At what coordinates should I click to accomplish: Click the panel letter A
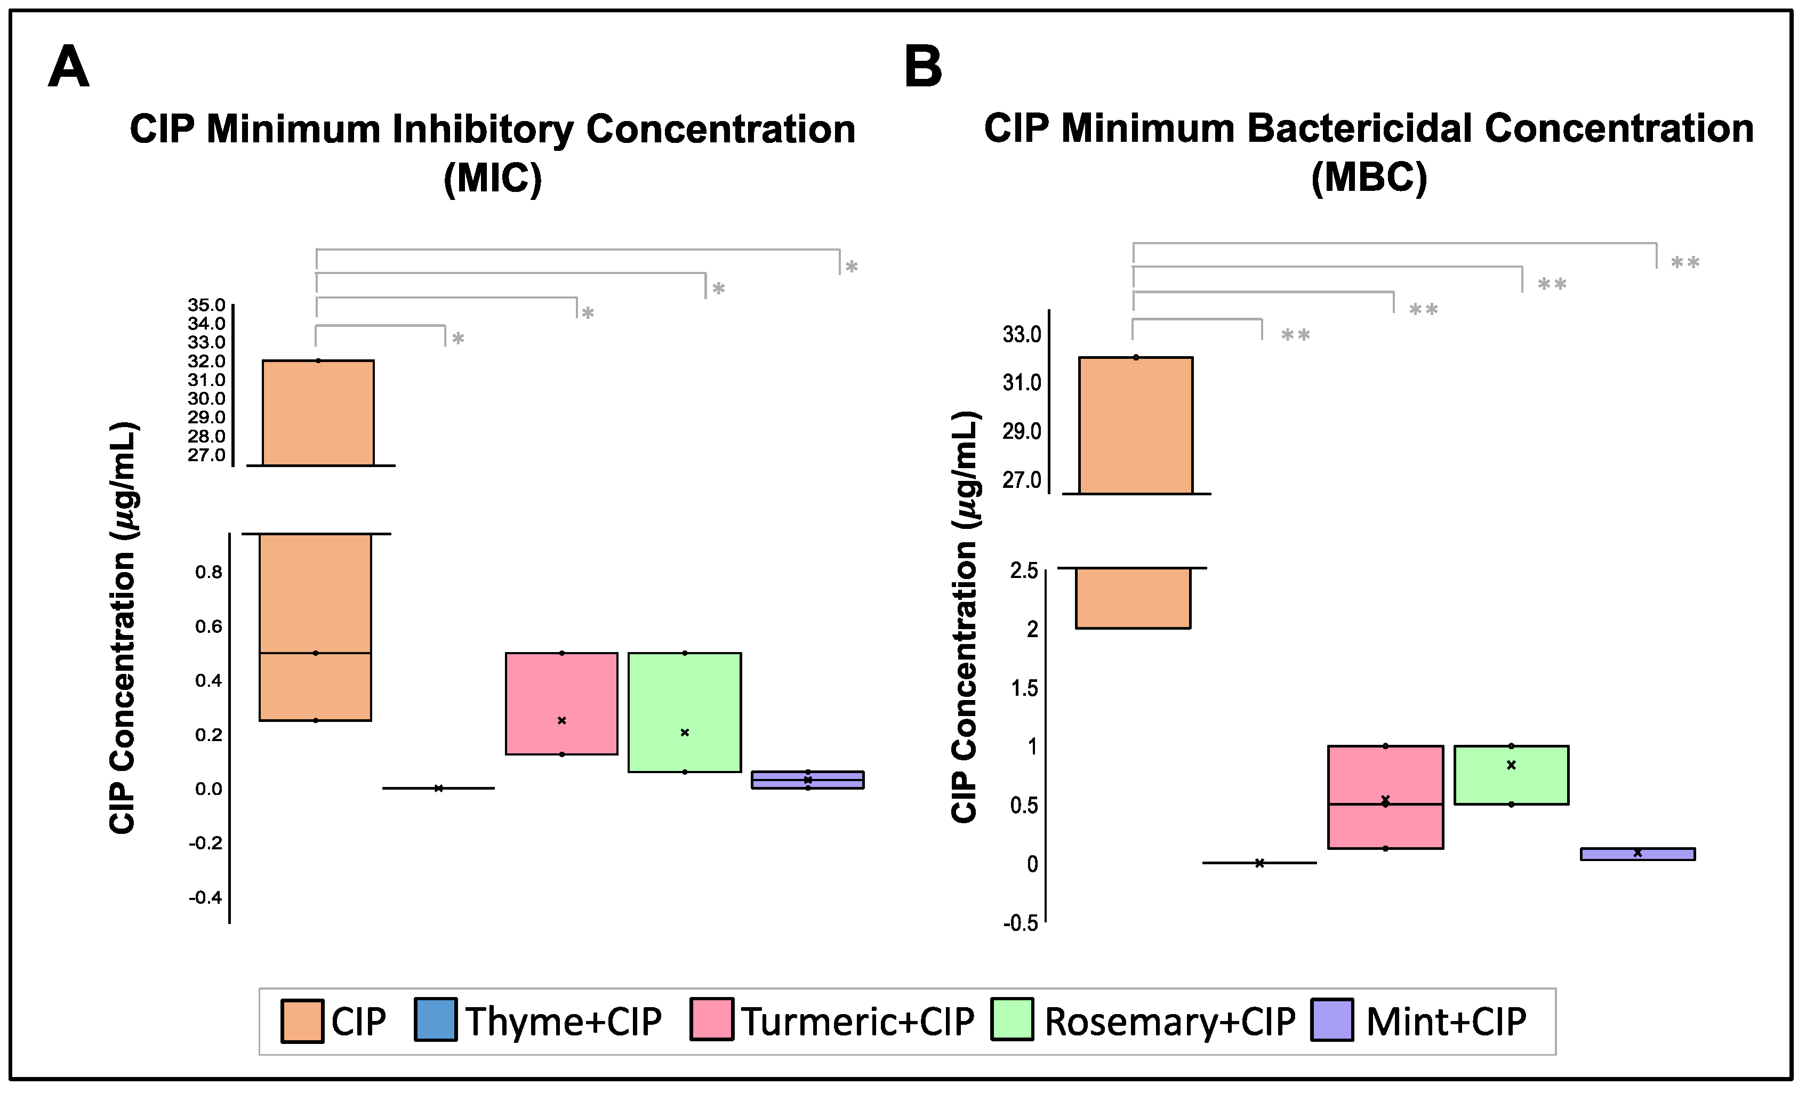point(68,67)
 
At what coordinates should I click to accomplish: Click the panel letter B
point(923,67)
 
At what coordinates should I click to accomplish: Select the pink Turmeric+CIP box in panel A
point(561,703)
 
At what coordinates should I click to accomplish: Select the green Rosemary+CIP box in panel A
point(685,712)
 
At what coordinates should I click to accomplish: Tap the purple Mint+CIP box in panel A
point(808,780)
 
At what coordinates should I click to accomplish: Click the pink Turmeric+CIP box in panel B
point(1385,797)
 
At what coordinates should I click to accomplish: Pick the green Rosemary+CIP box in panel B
point(1511,775)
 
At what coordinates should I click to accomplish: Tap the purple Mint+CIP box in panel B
point(1638,854)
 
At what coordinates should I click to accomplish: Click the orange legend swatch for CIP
point(302,1021)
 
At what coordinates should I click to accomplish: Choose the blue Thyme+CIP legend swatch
point(436,1020)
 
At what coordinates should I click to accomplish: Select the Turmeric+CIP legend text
point(857,1021)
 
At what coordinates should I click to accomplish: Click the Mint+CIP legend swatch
point(1333,1020)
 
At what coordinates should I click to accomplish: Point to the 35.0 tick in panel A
point(207,304)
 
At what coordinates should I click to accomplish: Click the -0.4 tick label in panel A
point(205,897)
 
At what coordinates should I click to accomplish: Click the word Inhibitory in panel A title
point(483,130)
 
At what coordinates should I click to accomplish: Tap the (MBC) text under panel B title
point(1369,178)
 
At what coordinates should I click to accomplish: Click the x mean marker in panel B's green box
point(1511,765)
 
